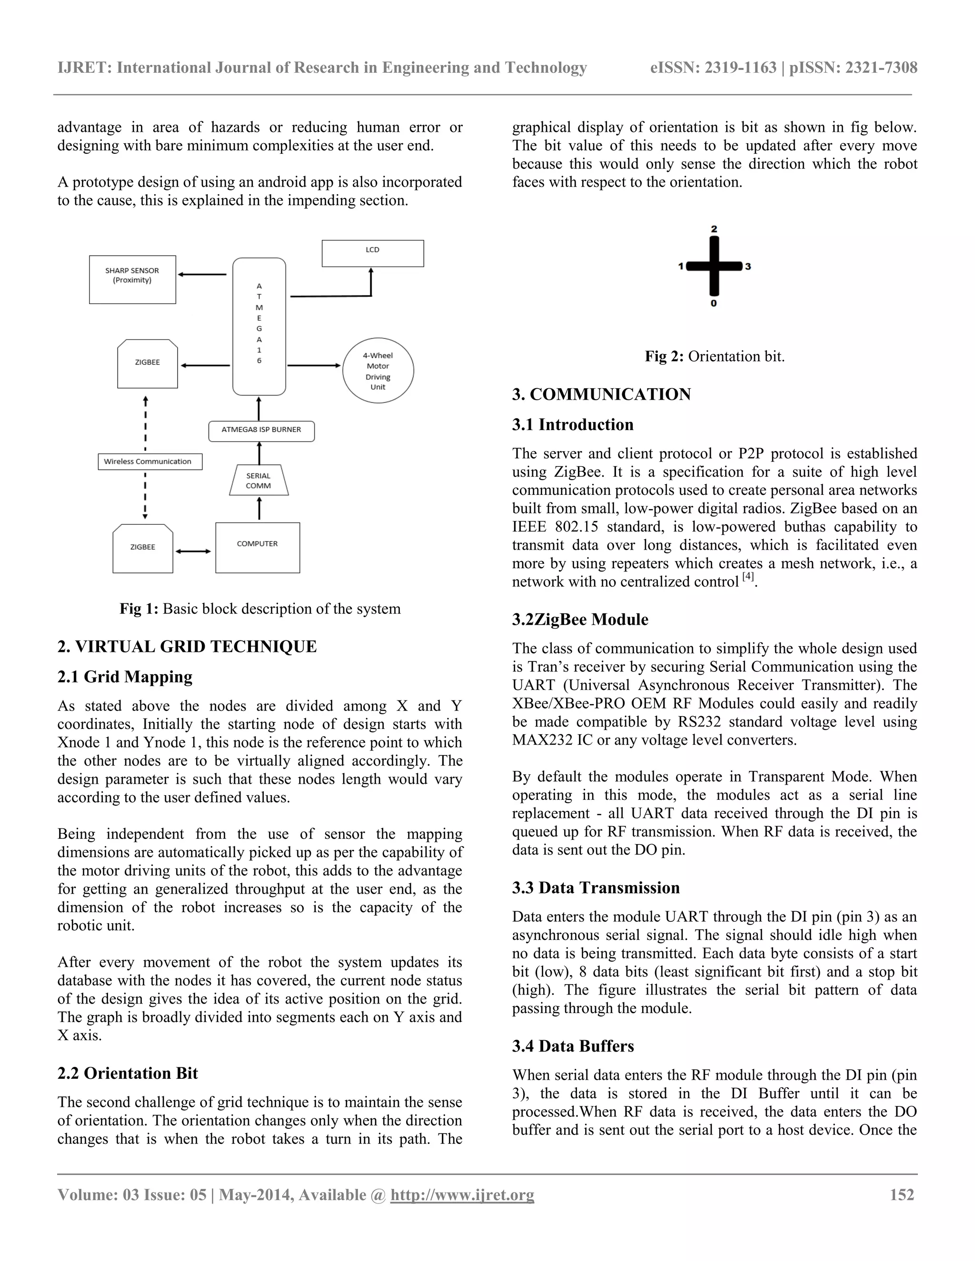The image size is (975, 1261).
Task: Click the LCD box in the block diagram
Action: coord(373,253)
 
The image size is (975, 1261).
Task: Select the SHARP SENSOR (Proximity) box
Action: coord(132,279)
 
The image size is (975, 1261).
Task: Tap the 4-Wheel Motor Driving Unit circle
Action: coord(378,371)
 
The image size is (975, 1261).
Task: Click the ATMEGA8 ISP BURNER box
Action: coord(261,431)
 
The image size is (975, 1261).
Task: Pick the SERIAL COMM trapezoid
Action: coord(258,481)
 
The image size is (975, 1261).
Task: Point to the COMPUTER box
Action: coord(258,547)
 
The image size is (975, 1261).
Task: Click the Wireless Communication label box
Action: coord(149,461)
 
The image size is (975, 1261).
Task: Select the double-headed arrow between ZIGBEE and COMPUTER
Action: coord(193,552)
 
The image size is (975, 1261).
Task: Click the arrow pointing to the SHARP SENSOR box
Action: coord(202,275)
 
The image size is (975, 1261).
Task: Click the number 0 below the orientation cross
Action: coord(714,304)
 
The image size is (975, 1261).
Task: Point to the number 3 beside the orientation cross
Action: coord(748,266)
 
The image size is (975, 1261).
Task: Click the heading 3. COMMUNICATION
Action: coord(601,394)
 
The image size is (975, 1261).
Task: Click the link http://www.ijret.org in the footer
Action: coord(462,1194)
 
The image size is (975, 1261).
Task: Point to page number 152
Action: coord(902,1194)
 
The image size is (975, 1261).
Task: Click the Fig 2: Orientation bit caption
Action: coord(715,356)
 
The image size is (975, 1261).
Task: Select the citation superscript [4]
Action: coord(748,577)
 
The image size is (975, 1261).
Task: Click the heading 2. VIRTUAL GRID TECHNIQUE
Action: coord(187,647)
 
